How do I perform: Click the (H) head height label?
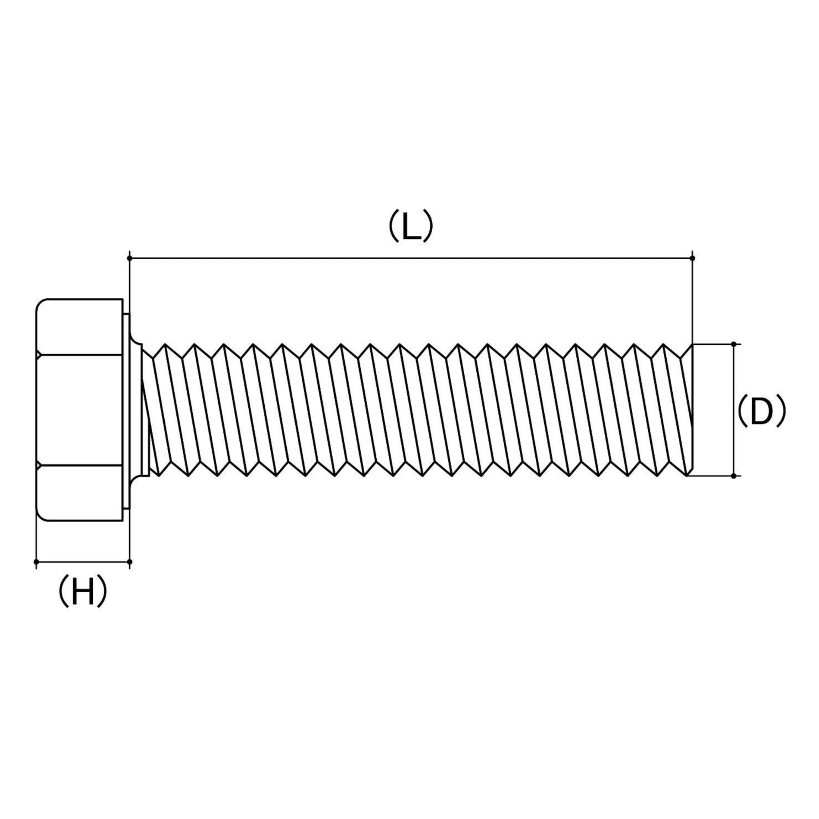click(83, 592)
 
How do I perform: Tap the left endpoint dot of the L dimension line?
click(130, 258)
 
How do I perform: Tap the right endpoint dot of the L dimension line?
click(693, 258)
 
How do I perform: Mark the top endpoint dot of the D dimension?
click(734, 344)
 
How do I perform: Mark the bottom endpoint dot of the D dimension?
click(734, 476)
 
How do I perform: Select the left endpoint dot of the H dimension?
click(36, 562)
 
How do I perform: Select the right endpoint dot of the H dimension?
click(130, 562)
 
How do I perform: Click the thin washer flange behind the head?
click(126, 410)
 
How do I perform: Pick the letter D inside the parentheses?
click(761, 411)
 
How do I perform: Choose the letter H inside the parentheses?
click(83, 592)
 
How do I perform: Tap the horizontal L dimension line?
click(411, 258)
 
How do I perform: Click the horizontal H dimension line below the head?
click(83, 562)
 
